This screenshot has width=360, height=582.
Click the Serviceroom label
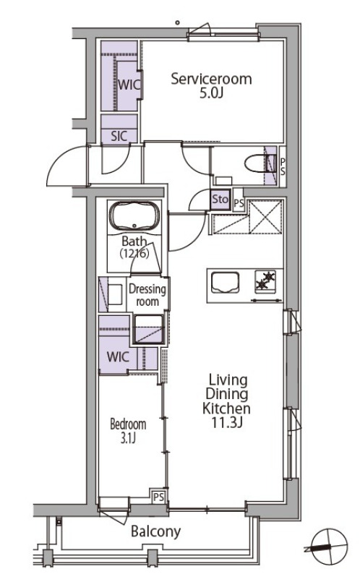click(211, 79)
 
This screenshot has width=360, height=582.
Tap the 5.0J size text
click(211, 93)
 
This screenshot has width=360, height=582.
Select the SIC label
click(119, 136)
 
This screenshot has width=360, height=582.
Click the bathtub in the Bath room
click(134, 216)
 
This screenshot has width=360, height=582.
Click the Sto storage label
click(220, 200)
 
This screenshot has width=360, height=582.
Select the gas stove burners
click(265, 281)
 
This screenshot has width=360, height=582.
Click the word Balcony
click(156, 532)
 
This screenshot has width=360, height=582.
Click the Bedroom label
click(128, 424)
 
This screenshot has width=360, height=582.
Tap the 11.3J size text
click(227, 423)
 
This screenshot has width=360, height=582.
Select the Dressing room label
click(147, 295)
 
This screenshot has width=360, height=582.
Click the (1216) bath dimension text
click(134, 254)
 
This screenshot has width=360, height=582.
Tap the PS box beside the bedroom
click(158, 497)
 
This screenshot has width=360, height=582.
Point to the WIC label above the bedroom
click(118, 356)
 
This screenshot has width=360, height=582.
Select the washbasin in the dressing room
click(116, 294)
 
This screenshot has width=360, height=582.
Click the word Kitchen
click(226, 408)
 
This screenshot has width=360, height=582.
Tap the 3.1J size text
click(128, 438)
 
